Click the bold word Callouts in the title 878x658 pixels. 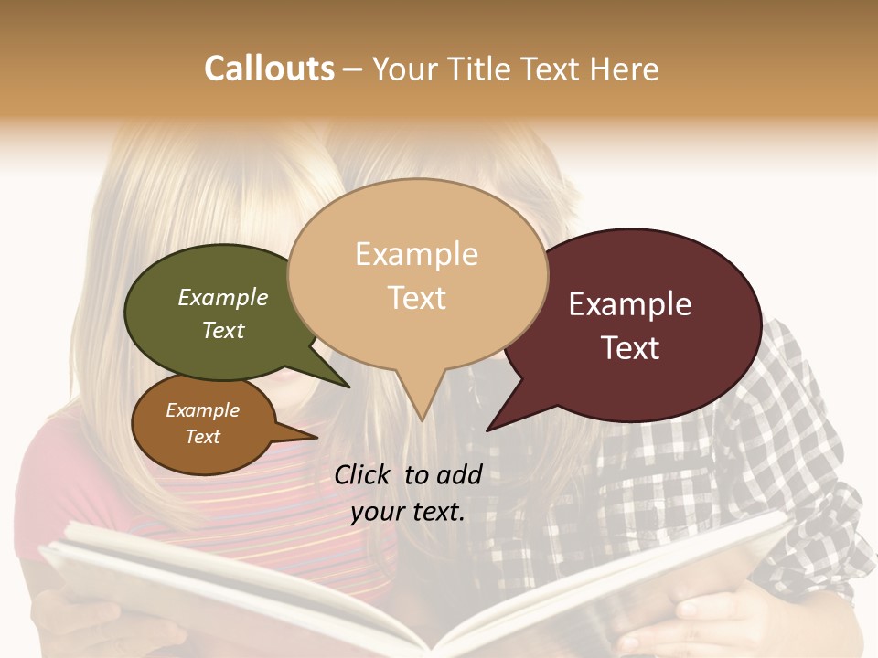tap(269, 69)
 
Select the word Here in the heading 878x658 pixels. tap(626, 69)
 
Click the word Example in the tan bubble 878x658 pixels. tap(416, 254)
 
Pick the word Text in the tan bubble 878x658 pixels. tap(416, 298)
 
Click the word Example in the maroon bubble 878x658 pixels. tap(630, 304)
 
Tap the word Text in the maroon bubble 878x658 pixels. tap(630, 348)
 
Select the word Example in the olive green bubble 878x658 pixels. tap(223, 298)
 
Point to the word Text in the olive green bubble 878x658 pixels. tap(223, 331)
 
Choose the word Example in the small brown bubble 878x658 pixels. tap(202, 410)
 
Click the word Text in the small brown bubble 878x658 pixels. tap(202, 437)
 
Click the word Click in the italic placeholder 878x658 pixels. tap(363, 474)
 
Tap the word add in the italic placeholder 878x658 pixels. tap(460, 474)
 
